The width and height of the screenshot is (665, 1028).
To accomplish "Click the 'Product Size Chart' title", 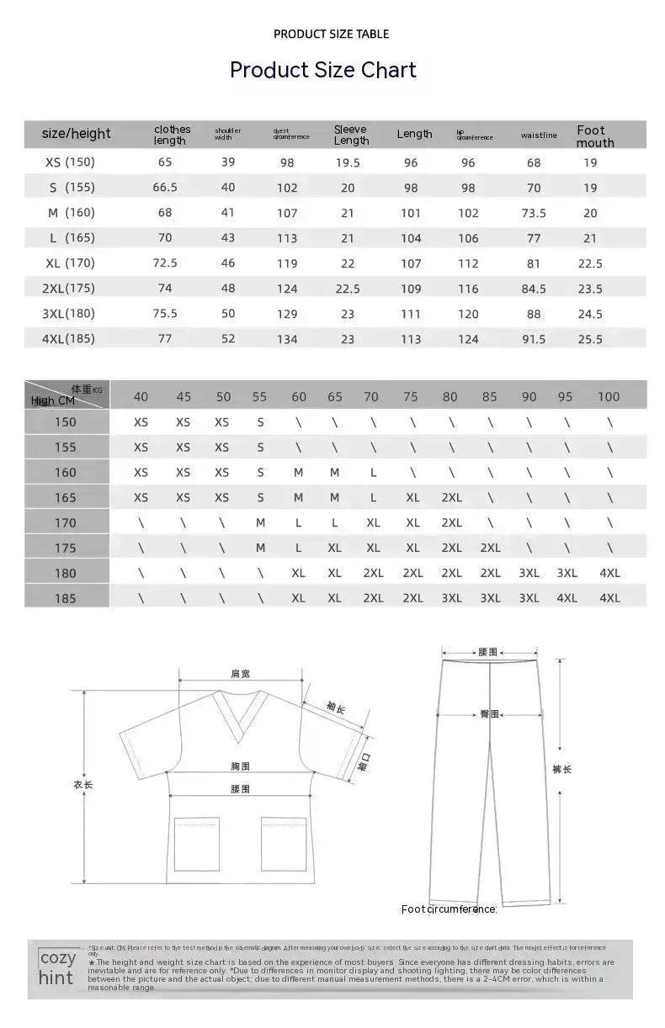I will (x=323, y=70).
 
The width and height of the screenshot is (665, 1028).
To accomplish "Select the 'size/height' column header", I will (x=77, y=134).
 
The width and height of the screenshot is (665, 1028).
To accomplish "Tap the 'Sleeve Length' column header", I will (x=351, y=135).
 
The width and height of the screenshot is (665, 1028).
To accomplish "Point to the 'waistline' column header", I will (x=539, y=135).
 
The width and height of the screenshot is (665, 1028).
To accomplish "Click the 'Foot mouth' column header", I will (x=594, y=136).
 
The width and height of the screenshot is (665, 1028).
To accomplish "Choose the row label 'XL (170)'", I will (x=71, y=263).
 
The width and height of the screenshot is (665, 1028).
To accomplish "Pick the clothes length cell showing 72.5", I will (x=165, y=263).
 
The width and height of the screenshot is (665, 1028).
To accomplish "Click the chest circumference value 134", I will (x=287, y=339).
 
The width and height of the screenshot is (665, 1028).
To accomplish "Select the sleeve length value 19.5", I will (x=348, y=162).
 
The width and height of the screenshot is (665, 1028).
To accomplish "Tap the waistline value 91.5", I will (x=534, y=339).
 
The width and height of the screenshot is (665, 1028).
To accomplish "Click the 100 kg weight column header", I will (x=608, y=397).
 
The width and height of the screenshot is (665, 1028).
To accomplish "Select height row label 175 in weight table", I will (x=66, y=548).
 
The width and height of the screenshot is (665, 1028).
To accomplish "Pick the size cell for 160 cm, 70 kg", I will (x=373, y=473).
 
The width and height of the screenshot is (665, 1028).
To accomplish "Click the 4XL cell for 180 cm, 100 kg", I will (x=609, y=573).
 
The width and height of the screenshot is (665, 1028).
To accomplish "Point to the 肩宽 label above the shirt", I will (x=241, y=674).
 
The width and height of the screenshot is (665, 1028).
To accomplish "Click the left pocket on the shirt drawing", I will (x=196, y=843).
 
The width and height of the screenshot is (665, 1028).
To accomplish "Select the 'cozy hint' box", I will (x=57, y=968).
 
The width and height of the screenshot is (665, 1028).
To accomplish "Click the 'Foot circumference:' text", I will (x=449, y=909).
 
